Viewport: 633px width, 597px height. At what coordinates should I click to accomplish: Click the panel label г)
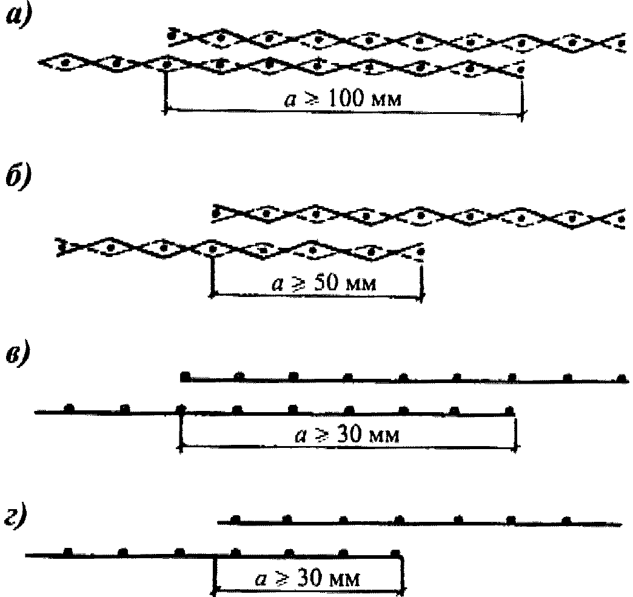[x=17, y=517]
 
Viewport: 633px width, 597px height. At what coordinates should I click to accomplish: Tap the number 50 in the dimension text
[x=326, y=283]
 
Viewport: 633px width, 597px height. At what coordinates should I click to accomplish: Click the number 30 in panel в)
[x=349, y=435]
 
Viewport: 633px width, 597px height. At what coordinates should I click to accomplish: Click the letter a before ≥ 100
[x=290, y=99]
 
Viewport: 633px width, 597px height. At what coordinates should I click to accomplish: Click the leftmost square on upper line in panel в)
[x=186, y=376]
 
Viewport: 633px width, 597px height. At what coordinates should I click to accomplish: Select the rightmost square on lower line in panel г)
[x=395, y=552]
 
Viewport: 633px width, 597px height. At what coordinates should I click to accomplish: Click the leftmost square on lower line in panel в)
[x=70, y=408]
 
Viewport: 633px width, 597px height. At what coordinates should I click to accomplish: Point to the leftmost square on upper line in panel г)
[x=235, y=519]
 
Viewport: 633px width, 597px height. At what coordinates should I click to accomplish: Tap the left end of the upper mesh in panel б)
[x=213, y=213]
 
